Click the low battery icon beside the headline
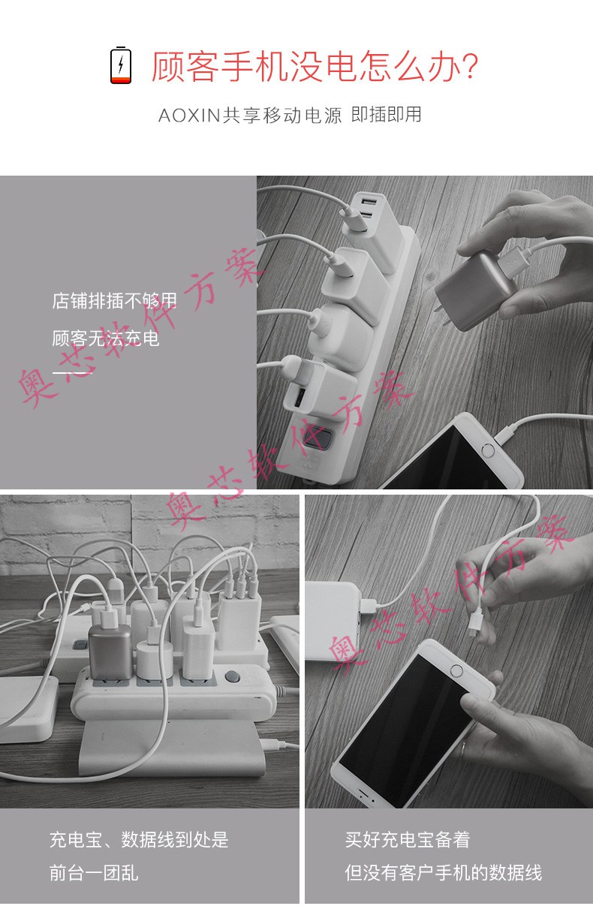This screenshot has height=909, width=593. click(x=121, y=65)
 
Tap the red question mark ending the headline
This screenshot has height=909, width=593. click(x=471, y=66)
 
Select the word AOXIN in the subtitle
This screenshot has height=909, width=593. click(x=189, y=116)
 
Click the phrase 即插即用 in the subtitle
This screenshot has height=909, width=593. click(x=386, y=115)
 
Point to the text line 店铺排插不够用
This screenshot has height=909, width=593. click(x=114, y=301)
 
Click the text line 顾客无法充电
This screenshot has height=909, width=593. click(x=106, y=339)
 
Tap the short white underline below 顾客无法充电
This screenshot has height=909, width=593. click(x=73, y=372)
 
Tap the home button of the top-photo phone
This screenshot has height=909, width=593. click(x=487, y=450)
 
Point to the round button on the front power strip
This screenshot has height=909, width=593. click(x=231, y=676)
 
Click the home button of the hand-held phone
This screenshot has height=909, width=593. click(x=456, y=671)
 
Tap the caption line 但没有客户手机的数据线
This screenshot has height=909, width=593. click(x=443, y=873)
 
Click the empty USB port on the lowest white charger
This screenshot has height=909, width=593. click(x=296, y=399)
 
